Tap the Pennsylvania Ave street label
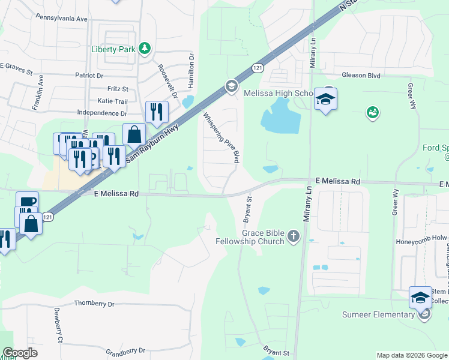(x=61, y=19)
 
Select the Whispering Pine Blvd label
(x=221, y=138)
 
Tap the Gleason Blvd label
(x=361, y=75)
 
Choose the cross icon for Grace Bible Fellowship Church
(x=293, y=236)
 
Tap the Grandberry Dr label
(x=125, y=350)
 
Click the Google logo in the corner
(x=20, y=353)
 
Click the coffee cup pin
(x=26, y=202)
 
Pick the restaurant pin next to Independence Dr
(x=157, y=112)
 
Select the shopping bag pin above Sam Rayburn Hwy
(x=134, y=134)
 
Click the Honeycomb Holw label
(x=420, y=238)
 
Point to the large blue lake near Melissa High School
(x=280, y=115)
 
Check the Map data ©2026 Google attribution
(x=412, y=355)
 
